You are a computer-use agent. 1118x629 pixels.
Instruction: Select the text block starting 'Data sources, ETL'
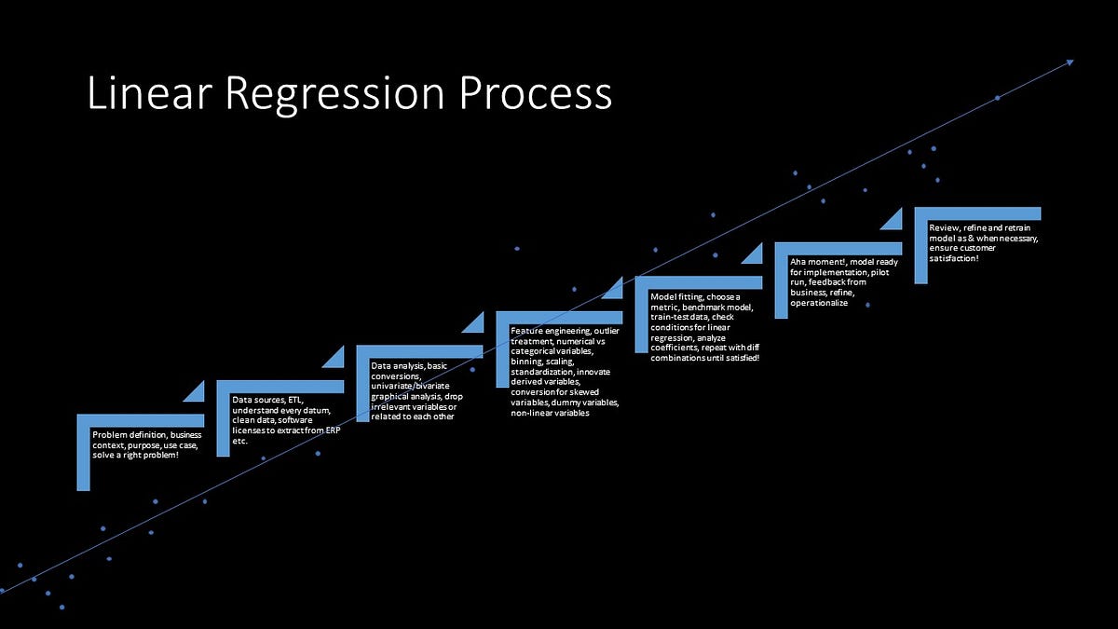(283, 420)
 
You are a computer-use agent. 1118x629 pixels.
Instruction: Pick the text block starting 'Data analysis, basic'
(416, 391)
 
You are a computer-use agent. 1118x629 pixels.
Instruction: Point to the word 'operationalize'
(819, 303)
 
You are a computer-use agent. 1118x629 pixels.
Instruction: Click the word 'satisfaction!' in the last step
(954, 257)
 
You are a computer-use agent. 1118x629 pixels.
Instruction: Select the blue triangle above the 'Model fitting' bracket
(615, 288)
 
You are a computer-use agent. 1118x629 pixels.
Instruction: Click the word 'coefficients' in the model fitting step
(675, 348)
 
